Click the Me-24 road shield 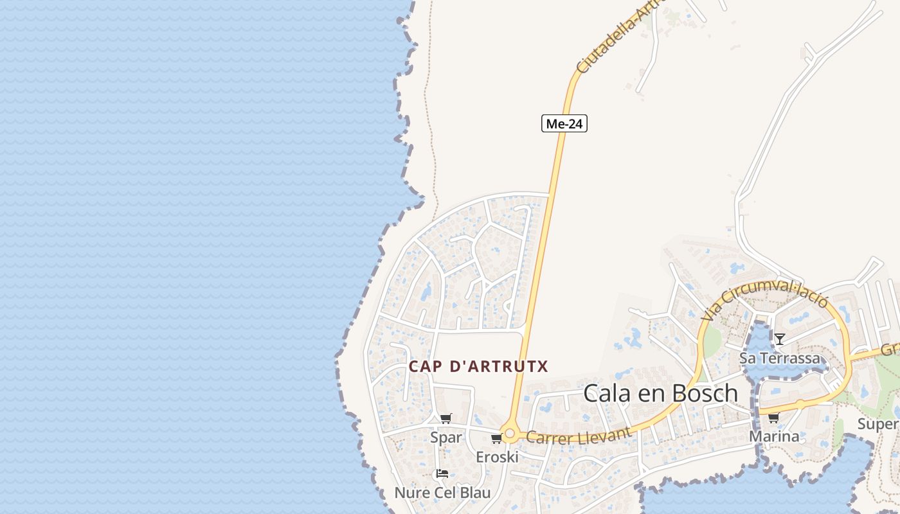click(564, 123)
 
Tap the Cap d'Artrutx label click(479, 367)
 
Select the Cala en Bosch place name click(660, 393)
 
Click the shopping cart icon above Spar click(446, 419)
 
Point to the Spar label click(446, 438)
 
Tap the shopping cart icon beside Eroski click(496, 439)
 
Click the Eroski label click(497, 457)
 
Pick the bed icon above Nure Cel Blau click(442, 474)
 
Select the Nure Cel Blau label click(442, 493)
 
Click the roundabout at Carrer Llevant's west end click(510, 435)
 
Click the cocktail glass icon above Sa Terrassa click(780, 339)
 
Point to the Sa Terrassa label click(780, 358)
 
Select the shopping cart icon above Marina click(773, 418)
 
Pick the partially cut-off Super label click(878, 424)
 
